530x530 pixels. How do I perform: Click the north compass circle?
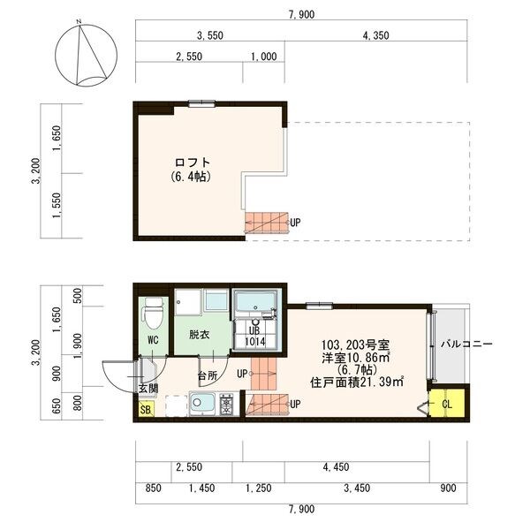coord(55,56)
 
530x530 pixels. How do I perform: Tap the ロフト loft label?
coord(193,163)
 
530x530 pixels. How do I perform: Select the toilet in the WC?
coord(153,313)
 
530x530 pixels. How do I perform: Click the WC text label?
coord(153,340)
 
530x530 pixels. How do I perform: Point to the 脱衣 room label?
coord(200,335)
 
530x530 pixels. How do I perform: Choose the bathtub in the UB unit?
coord(255,302)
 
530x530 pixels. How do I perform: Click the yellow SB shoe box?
coord(146,409)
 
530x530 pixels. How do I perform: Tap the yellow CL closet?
coord(446,404)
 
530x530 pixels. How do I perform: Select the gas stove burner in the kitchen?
coord(225,404)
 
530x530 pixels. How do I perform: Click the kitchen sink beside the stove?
coord(202,403)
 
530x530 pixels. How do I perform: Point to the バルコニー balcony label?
coord(466,344)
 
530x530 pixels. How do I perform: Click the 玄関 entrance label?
coord(148,388)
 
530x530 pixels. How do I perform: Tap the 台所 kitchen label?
coord(208,375)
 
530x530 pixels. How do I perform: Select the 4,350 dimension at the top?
coord(375,35)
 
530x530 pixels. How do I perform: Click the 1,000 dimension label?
coord(263,57)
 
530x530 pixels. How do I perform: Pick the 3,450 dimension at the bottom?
coord(357,488)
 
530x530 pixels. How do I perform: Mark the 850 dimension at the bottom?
coord(153,488)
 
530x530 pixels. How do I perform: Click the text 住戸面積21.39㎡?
coord(357,382)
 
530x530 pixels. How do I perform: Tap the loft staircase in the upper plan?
coord(267,223)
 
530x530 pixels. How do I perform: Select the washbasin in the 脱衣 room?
coord(216,300)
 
